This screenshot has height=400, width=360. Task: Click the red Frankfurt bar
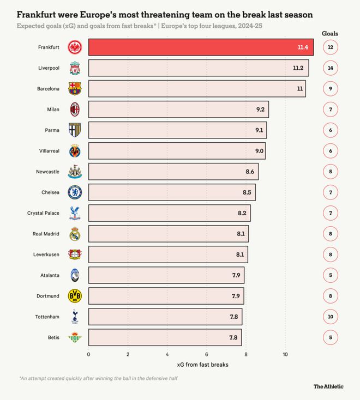pyautogui.click(x=201, y=47)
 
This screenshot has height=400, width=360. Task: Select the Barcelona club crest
pyautogui.click(x=74, y=88)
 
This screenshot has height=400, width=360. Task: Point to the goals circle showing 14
pyautogui.click(x=331, y=68)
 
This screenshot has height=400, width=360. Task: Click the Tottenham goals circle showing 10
pyautogui.click(x=331, y=317)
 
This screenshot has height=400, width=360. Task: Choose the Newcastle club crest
pyautogui.click(x=74, y=172)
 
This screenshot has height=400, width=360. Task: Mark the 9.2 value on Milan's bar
pyautogui.click(x=260, y=110)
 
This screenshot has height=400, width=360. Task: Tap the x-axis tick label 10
pyautogui.click(x=285, y=354)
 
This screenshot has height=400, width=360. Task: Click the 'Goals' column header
pyautogui.click(x=329, y=33)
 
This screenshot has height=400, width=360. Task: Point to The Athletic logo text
pyautogui.click(x=328, y=386)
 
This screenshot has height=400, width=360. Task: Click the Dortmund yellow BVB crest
pyautogui.click(x=74, y=296)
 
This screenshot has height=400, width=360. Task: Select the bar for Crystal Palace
pyautogui.click(x=169, y=213)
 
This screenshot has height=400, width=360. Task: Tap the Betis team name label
pyautogui.click(x=53, y=337)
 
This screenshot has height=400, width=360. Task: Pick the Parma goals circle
pyautogui.click(x=331, y=130)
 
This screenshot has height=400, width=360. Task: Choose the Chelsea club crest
pyautogui.click(x=74, y=192)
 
